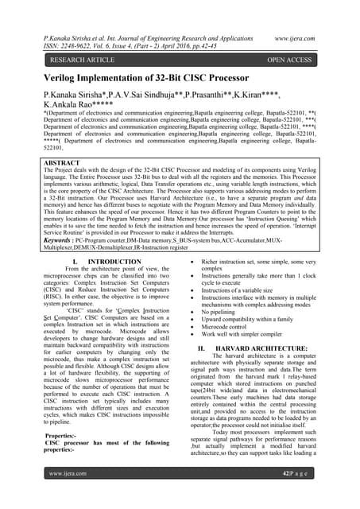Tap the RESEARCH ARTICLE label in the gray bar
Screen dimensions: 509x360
(86, 60)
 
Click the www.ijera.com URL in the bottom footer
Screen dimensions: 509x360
(68, 495)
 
